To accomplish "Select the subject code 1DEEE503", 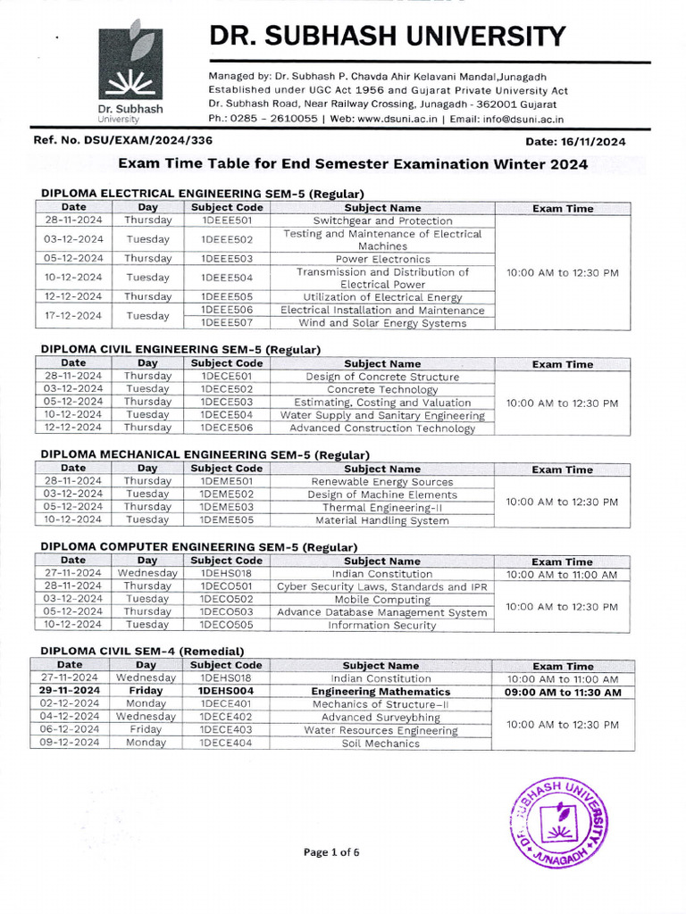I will [x=227, y=259].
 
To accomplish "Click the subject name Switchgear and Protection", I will [x=382, y=220].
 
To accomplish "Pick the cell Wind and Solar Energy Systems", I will [x=382, y=323].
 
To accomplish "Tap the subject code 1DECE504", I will [x=227, y=415].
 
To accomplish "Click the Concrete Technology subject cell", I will [x=382, y=389].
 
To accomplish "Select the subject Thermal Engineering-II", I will [x=382, y=507].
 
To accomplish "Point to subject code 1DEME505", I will [x=227, y=519].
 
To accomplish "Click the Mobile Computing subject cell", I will [x=382, y=600].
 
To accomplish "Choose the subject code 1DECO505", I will [x=227, y=625].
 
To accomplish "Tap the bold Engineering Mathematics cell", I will [x=381, y=692].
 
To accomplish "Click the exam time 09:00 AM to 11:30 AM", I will [x=563, y=692].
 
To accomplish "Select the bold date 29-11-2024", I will [x=70, y=692].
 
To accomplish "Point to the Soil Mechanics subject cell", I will [x=381, y=743].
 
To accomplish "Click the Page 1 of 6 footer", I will [x=331, y=852].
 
